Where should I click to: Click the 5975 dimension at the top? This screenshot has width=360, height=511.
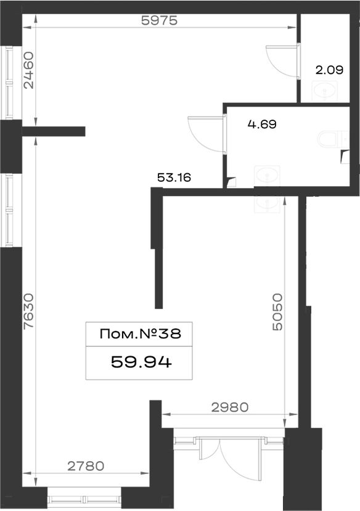coord(160,20)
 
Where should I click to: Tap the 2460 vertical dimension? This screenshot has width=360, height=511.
coord(29,70)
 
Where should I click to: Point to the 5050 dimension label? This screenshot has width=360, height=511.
coord(277,312)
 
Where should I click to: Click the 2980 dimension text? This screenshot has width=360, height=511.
coord(230,407)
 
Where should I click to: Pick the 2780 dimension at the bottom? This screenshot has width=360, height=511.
coord(86,466)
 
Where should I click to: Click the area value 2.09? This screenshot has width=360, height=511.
coord(329,70)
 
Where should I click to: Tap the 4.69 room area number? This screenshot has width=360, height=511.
coord(262,124)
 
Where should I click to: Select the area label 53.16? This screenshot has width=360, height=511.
coord(174,178)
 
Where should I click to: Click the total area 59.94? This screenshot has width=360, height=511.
coord(141,362)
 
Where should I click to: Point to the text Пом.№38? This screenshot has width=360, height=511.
coord(140,333)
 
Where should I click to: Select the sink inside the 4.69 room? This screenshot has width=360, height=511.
coord(267,176)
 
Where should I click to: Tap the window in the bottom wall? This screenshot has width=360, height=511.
coord(84,499)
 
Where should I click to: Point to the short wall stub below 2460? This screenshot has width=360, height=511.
coord(54,131)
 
